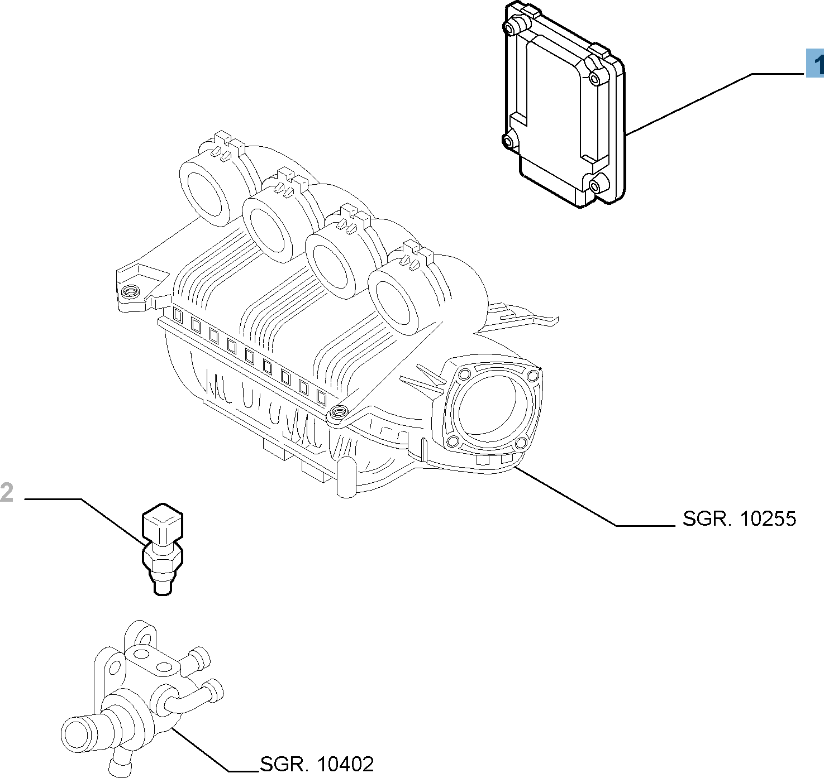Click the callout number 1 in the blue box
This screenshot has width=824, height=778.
click(x=816, y=63)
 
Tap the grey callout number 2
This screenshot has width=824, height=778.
click(x=7, y=493)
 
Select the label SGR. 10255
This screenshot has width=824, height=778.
click(x=739, y=518)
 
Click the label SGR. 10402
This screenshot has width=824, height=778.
click(x=317, y=763)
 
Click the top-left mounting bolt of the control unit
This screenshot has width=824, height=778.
click(x=510, y=28)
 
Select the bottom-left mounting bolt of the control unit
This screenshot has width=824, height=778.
click(x=508, y=142)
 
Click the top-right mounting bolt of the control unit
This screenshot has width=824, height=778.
click(x=594, y=79)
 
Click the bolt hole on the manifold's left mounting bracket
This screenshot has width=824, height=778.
click(x=131, y=291)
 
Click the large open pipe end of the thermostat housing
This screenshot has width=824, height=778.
click(x=76, y=733)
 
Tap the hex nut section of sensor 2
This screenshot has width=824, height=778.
click(x=163, y=556)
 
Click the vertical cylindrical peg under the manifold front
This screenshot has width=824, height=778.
click(x=346, y=478)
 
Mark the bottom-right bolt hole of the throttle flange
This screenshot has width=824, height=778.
click(x=521, y=443)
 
